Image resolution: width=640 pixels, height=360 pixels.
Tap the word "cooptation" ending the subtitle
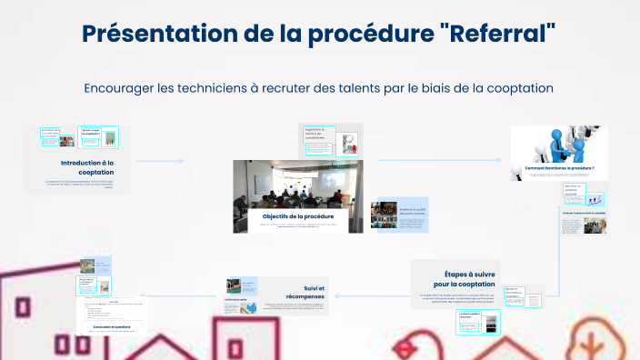521,88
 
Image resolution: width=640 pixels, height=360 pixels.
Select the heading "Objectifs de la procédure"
297,217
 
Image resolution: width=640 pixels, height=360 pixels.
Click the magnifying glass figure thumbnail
345,144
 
